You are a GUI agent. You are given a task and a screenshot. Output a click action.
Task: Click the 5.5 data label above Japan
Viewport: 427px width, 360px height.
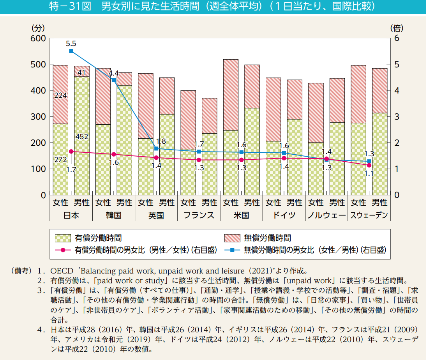point(71,43)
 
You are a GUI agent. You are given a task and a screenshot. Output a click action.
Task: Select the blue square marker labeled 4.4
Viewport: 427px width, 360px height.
point(114,80)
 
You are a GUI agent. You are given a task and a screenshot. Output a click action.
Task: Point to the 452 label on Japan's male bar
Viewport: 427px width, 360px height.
point(81,137)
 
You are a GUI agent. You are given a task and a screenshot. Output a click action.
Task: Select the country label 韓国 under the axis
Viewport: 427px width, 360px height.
point(113,215)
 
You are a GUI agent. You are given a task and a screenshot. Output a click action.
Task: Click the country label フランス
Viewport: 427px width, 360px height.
point(198,215)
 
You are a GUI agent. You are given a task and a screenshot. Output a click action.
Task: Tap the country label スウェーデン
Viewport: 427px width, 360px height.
point(369,215)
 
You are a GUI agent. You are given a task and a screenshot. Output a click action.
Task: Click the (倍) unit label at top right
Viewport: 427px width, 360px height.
point(396,28)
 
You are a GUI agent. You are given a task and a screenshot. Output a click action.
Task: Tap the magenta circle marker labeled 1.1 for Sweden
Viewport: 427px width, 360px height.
point(369,165)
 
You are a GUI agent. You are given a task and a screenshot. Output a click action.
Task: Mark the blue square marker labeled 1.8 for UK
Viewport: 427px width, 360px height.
point(156,148)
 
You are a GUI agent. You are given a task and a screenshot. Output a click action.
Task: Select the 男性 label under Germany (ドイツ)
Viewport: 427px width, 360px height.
point(295,203)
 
